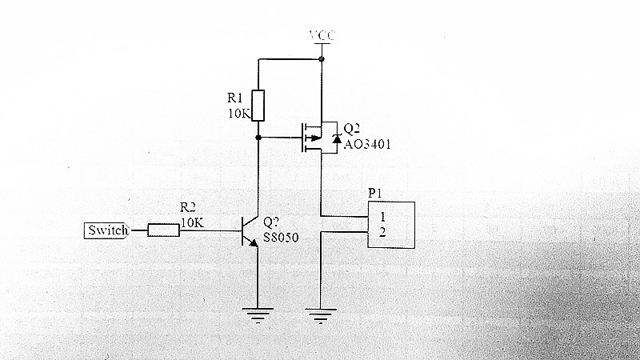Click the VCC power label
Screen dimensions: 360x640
click(322, 37)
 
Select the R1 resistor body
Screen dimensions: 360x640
click(258, 105)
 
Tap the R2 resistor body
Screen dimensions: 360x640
click(163, 231)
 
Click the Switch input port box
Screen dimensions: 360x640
click(106, 231)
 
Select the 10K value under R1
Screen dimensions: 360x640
click(239, 114)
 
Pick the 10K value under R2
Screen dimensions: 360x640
click(192, 222)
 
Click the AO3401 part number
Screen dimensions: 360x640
click(367, 144)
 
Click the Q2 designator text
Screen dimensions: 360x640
click(352, 129)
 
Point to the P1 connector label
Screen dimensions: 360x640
click(376, 193)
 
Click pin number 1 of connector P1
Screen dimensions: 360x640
click(382, 216)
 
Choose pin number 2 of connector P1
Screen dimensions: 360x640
click(382, 232)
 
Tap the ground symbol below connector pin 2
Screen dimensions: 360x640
click(320, 315)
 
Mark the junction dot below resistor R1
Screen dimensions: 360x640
click(258, 138)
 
